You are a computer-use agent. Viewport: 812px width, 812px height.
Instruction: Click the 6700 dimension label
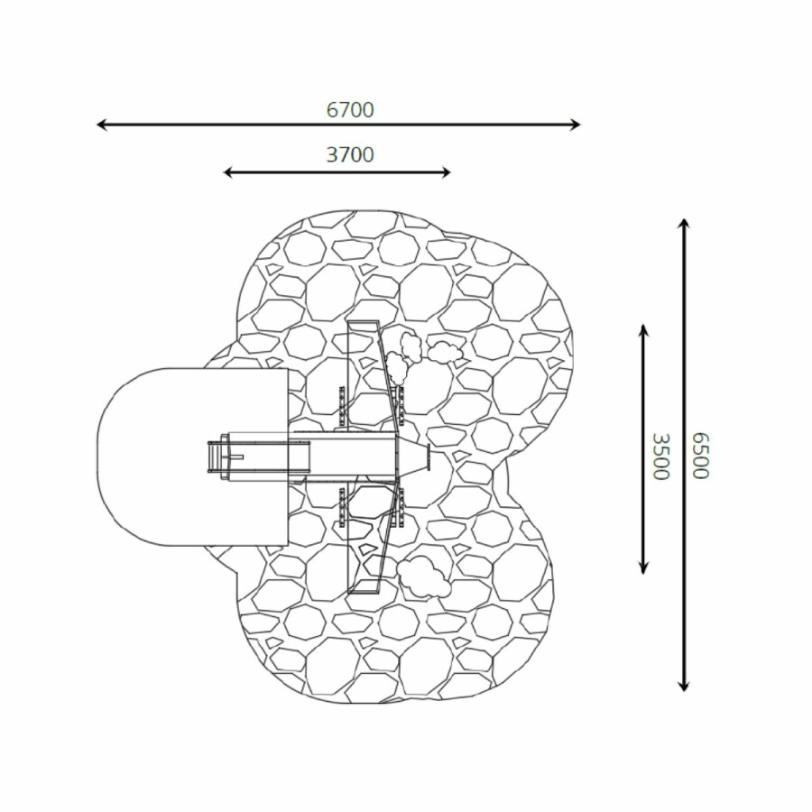[x=350, y=110]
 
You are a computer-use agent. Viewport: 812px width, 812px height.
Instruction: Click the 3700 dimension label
[x=350, y=154]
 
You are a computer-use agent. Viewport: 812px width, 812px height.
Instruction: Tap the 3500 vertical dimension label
[x=660, y=457]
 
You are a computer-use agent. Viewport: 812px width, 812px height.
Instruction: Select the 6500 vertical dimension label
[x=700, y=456]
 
